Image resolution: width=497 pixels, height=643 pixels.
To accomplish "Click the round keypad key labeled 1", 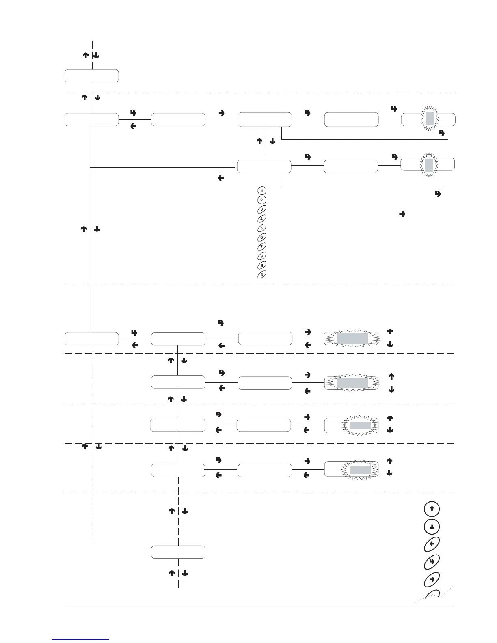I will pyautogui.click(x=262, y=190).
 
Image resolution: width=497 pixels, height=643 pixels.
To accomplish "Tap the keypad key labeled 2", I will pyautogui.click(x=262, y=200).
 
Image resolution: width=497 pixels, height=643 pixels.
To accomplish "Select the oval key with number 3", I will pyautogui.click(x=262, y=209).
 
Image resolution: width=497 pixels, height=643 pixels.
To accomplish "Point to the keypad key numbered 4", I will pyautogui.click(x=262, y=219).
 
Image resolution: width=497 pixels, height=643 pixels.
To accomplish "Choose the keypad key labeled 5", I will pyautogui.click(x=262, y=228).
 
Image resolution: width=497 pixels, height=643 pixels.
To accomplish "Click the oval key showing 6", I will pyautogui.click(x=262, y=237).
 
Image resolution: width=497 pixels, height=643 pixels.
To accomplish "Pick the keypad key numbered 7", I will pyautogui.click(x=262, y=247).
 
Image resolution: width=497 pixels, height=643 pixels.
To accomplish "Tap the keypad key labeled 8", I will pyautogui.click(x=262, y=256).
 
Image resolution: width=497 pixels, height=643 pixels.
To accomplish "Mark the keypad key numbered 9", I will pyautogui.click(x=262, y=265).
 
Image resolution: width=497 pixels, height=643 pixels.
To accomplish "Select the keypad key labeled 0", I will pyautogui.click(x=262, y=275).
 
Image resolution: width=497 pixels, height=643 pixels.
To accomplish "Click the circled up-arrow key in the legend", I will pyautogui.click(x=432, y=509).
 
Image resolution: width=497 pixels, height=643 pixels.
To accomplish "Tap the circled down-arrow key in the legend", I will pyautogui.click(x=432, y=526).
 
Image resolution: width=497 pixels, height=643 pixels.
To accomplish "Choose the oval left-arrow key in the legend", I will pyautogui.click(x=432, y=544).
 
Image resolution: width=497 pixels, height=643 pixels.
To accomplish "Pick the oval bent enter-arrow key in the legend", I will pyautogui.click(x=432, y=561).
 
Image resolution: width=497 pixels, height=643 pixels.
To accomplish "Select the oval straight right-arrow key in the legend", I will pyautogui.click(x=432, y=579).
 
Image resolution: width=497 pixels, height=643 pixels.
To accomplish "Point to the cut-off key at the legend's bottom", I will pyautogui.click(x=432, y=595).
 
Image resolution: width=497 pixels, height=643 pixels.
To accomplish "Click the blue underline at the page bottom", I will pyautogui.click(x=81, y=639).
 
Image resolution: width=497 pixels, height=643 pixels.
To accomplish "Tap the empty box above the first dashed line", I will pyautogui.click(x=92, y=76).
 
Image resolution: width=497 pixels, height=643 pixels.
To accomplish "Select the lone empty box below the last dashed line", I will pyautogui.click(x=178, y=552).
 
